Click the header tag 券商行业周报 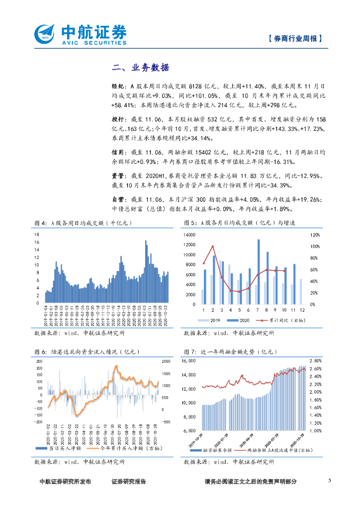pos(294,39)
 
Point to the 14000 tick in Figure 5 pos(191,234)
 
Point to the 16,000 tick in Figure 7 pos(191,361)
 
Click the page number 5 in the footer pos(330,480)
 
